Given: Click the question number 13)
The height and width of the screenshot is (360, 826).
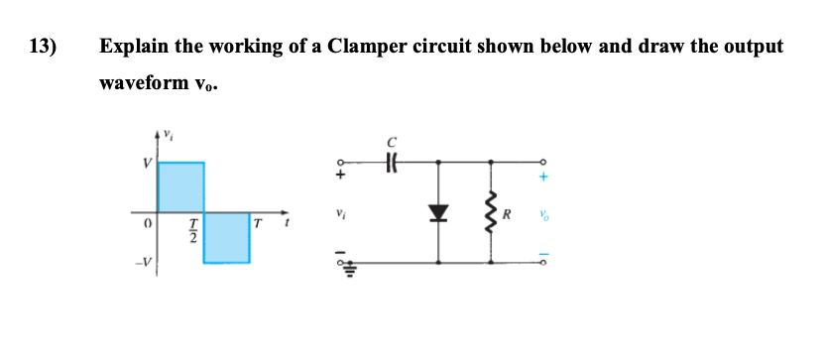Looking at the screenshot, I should pyautogui.click(x=43, y=47).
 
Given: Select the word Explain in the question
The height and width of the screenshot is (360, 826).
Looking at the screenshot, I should pyautogui.click(x=137, y=47).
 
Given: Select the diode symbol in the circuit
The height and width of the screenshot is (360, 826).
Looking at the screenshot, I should pyautogui.click(x=438, y=210).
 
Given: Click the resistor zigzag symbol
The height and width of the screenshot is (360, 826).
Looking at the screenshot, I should pyautogui.click(x=489, y=210).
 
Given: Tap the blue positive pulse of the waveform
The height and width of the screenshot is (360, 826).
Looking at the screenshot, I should pyautogui.click(x=180, y=186).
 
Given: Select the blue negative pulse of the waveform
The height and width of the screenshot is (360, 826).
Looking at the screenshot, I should pyautogui.click(x=226, y=236).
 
